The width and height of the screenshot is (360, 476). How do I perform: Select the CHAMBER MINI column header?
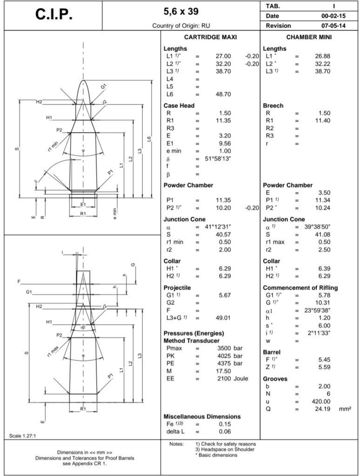[x=308, y=37]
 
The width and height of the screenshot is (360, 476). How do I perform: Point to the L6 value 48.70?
[x=222, y=94]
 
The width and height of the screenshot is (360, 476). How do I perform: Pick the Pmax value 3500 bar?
[x=230, y=348]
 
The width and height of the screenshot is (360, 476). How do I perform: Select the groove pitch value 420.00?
[x=321, y=401]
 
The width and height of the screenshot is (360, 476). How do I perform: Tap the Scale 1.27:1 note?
[x=23, y=436]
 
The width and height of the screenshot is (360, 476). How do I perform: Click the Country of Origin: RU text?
[x=184, y=26]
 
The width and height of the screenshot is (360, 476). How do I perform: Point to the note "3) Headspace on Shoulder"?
[x=226, y=449]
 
